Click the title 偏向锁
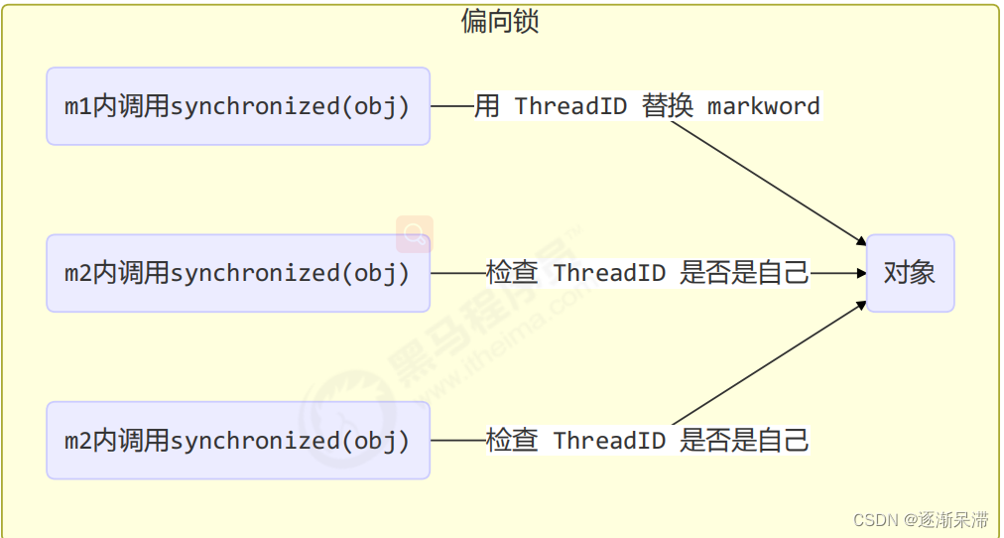(500, 21)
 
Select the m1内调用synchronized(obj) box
(237, 106)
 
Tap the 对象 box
(910, 273)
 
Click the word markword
(763, 106)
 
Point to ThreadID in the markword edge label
(570, 106)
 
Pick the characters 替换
(668, 106)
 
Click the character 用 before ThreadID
(486, 106)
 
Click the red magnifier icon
(415, 233)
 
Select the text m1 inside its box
(77, 106)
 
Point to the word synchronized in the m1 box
(256, 106)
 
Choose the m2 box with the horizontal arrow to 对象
(237, 273)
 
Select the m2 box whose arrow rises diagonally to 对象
(237, 440)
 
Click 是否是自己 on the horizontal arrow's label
(744, 273)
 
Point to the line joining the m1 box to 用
(451, 106)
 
